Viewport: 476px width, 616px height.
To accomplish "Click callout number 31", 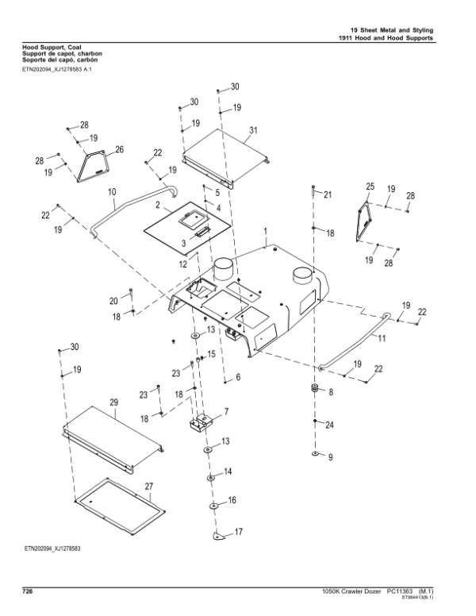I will click(253, 130).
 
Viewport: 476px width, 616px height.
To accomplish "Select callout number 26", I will click(120, 149).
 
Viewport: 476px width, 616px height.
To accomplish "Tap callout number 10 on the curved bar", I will click(111, 192).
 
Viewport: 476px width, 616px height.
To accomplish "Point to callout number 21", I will click(328, 195).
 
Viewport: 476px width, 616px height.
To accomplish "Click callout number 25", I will click(369, 186).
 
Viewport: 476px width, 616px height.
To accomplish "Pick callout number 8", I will click(331, 392).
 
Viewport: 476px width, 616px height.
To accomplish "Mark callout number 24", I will click(330, 425).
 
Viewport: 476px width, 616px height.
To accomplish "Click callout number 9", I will click(331, 457).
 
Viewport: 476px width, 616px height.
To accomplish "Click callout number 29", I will click(113, 403).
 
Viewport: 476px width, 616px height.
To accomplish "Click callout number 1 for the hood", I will click(265, 230).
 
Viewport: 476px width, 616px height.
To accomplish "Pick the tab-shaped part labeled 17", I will click(220, 536).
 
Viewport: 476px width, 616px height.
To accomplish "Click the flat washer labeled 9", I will click(316, 456).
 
